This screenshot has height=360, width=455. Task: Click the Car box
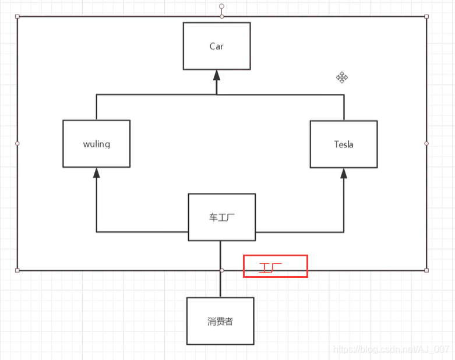tap(216, 46)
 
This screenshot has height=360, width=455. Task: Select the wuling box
tap(96, 144)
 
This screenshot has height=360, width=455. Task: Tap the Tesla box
tap(343, 144)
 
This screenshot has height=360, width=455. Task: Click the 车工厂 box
tap(221, 217)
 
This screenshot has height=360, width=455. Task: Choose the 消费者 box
tap(220, 321)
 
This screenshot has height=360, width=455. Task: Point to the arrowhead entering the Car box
tap(217, 75)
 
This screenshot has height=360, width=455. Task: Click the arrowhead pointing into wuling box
tap(97, 172)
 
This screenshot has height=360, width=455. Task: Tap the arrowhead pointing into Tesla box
tap(344, 172)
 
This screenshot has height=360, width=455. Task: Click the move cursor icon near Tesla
tap(342, 77)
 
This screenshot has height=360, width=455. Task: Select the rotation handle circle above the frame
tap(221, 6)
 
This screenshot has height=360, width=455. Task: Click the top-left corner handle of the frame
tap(17, 16)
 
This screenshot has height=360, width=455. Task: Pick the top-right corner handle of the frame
tap(426, 16)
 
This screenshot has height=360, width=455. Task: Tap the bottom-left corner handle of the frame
tap(17, 270)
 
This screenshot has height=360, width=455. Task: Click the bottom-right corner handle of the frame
tap(426, 270)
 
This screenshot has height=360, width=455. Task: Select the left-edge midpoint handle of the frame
tap(17, 143)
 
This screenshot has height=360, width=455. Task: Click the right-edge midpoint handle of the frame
tap(426, 143)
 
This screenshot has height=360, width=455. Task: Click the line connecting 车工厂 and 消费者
tap(221, 285)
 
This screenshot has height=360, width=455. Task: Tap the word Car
tap(216, 46)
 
